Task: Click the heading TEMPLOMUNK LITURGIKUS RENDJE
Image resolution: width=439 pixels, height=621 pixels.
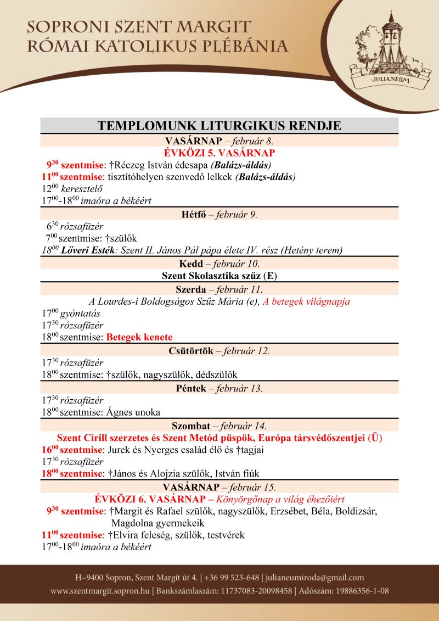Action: (x=219, y=126)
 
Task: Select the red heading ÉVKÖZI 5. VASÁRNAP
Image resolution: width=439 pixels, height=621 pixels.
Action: (x=219, y=153)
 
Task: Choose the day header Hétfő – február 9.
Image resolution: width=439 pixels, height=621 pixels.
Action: (x=219, y=215)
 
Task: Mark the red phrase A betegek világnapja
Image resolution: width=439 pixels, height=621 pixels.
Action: (x=306, y=301)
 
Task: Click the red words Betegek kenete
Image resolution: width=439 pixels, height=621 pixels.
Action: (x=139, y=337)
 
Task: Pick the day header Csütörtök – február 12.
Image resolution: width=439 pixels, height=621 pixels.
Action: (x=219, y=351)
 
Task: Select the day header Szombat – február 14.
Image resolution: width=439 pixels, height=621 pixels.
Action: (x=219, y=426)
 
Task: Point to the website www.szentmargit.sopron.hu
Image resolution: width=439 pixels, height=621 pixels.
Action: (x=100, y=591)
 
